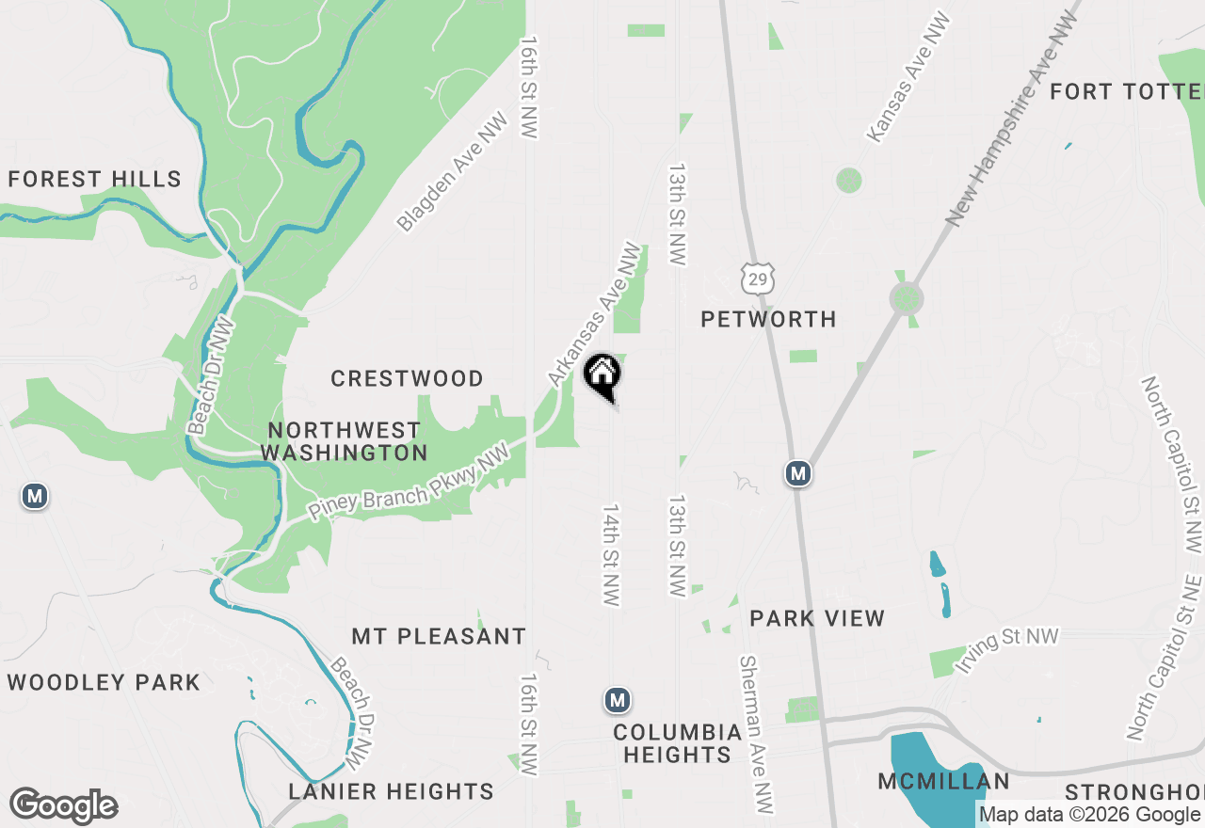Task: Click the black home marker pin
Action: coord(602,376)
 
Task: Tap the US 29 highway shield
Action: coord(758,277)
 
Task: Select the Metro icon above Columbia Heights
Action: coord(617,700)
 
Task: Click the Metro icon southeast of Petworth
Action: coord(798,473)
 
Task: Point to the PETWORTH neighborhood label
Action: coord(768,320)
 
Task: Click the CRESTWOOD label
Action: coord(407,378)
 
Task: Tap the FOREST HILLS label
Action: coord(94,179)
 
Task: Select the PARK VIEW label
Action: coord(817,618)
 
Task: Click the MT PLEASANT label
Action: coord(439,637)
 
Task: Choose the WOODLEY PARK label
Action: coord(104,682)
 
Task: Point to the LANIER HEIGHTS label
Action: coord(391,791)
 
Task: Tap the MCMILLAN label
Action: coord(943,781)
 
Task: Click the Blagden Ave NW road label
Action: coord(452,172)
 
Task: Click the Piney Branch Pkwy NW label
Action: coord(409,483)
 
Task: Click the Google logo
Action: coord(64,806)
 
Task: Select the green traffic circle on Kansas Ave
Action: coord(849,180)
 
